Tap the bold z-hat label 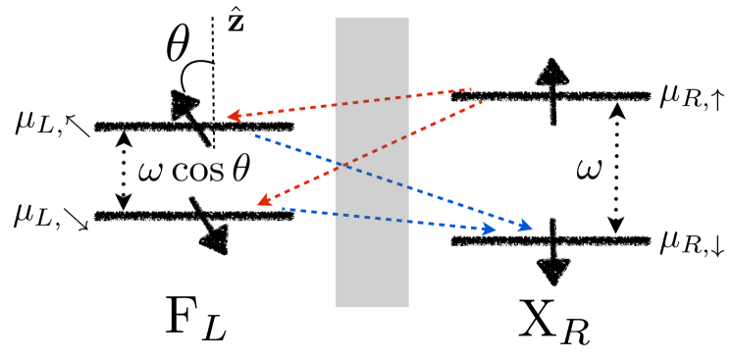236,23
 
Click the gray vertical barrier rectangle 372,162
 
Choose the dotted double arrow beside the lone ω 616,168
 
